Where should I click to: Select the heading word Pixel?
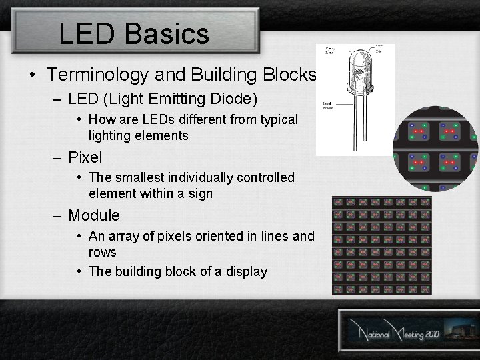(85, 157)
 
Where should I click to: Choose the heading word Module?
(94, 215)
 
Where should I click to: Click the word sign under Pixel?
(199, 194)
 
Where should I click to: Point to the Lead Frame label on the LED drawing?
(328, 105)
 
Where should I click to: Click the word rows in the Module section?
(102, 252)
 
